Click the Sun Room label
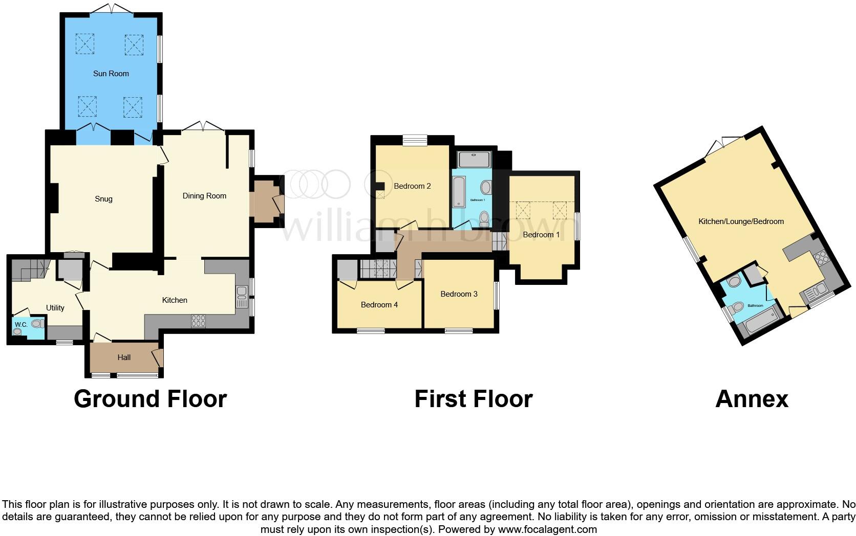point(111,74)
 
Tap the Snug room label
point(103,199)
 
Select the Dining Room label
point(204,196)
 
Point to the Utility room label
point(55,308)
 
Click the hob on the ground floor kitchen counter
point(199,321)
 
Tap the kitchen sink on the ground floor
point(242,297)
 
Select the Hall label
point(124,358)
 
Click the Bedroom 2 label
point(412,186)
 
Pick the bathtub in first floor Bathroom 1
point(459,192)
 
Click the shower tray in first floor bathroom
point(475,160)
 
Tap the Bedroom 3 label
point(459,294)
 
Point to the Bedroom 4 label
point(379,305)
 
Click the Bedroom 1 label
point(541,235)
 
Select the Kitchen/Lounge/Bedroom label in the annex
point(741,221)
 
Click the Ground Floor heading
point(150,399)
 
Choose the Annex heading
point(752,399)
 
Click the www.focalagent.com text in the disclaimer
point(547,529)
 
